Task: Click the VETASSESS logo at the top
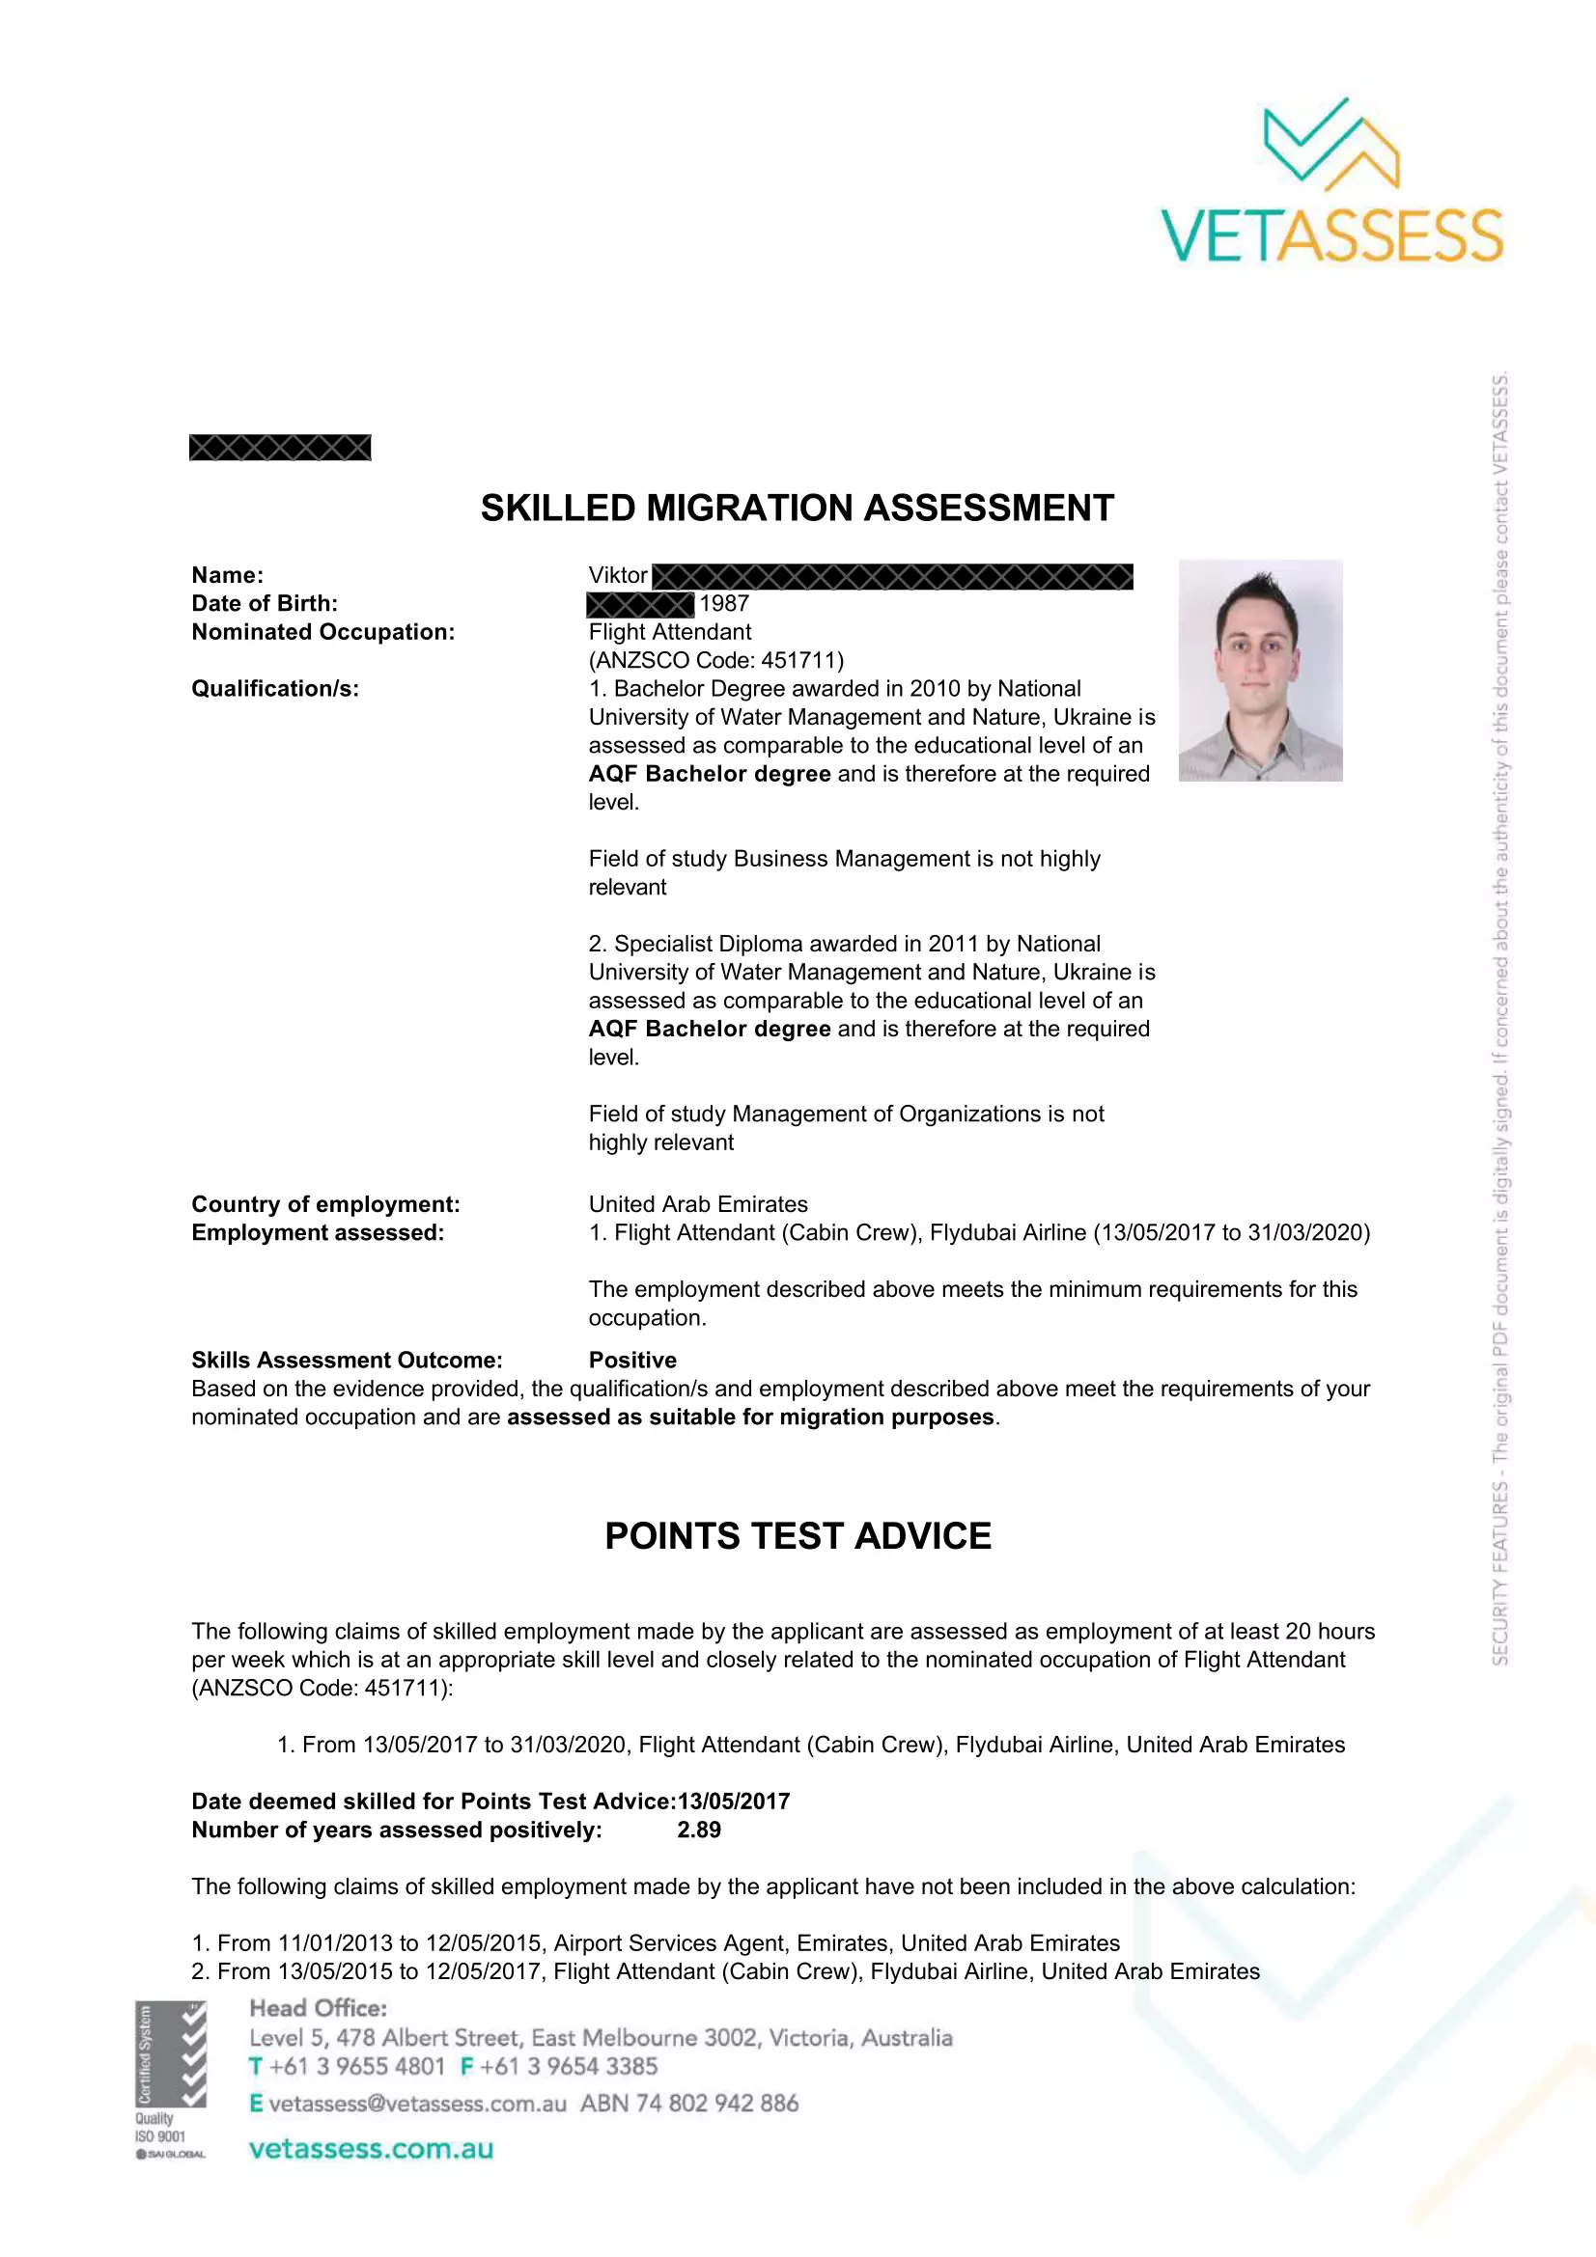point(1331,182)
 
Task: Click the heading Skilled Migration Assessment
point(797,509)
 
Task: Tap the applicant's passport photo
point(1260,671)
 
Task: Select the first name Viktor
point(618,575)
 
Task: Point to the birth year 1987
point(724,603)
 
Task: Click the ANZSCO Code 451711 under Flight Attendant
point(715,660)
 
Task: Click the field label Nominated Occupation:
point(322,632)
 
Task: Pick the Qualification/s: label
point(275,688)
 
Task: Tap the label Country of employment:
point(325,1204)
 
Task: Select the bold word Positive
point(632,1360)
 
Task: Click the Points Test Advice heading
point(798,1536)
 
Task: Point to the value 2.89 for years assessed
point(698,1830)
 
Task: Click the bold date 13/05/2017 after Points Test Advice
point(734,1801)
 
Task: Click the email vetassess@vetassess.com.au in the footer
point(417,2104)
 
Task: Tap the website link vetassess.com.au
point(371,2149)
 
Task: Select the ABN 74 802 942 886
point(688,2104)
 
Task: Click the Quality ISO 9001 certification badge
point(170,2079)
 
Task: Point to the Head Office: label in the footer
point(318,2008)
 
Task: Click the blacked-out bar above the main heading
point(280,449)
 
